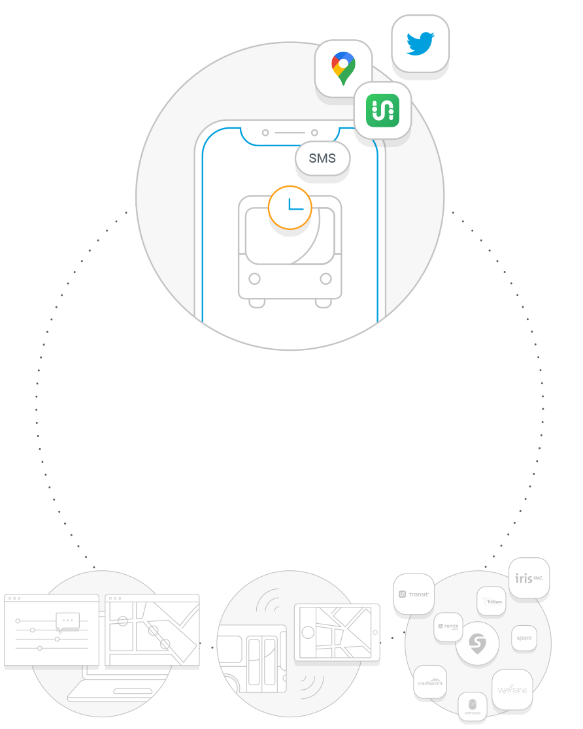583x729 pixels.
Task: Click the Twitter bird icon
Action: point(420,43)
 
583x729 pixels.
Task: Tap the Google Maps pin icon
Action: point(343,68)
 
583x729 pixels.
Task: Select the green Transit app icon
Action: point(382,110)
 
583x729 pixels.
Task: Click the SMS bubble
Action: point(322,158)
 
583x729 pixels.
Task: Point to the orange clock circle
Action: point(290,208)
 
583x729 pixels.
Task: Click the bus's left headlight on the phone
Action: point(255,279)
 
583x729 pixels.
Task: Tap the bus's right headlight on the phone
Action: point(325,279)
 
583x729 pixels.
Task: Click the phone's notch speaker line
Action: point(290,133)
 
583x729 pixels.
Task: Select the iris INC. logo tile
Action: point(529,579)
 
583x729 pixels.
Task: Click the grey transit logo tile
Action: point(414,594)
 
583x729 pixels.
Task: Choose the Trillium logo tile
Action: point(491,601)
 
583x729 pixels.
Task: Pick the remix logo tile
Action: point(448,626)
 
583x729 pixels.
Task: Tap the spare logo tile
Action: point(524,638)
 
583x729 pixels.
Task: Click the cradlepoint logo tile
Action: point(430,683)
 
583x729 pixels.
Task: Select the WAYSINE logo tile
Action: point(512,689)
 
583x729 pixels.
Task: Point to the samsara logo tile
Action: point(472,707)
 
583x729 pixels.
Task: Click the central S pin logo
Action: point(478,644)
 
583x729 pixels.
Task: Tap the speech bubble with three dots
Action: point(68,621)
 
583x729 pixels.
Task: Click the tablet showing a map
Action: point(337,633)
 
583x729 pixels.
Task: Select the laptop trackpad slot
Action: point(133,690)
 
